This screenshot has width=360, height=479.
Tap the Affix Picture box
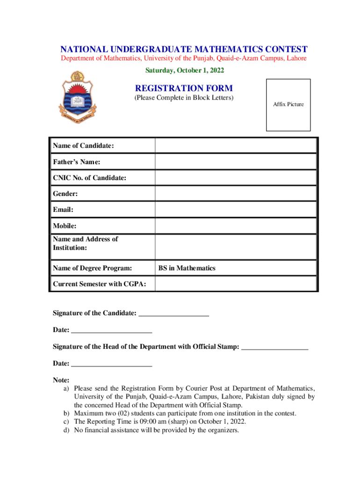288,105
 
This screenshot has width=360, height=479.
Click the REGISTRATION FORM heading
184,88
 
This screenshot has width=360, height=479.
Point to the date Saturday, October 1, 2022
184,71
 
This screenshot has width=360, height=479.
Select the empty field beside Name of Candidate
236,145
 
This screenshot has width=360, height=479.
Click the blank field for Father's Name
236,162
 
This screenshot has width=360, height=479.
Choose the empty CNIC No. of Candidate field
236,178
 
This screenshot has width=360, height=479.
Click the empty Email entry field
236,210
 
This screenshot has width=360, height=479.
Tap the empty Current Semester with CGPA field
236,284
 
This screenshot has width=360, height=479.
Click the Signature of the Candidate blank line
173,314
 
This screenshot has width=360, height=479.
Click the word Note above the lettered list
61,380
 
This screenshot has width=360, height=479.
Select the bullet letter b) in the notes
67,414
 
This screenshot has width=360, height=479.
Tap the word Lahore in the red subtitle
296,58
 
